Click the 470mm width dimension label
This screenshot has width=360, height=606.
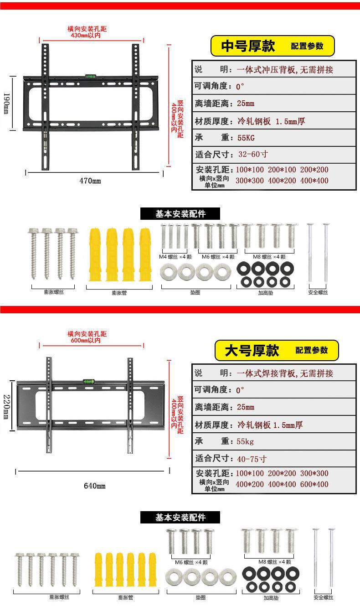(x=90, y=181)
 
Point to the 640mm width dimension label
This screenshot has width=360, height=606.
(x=94, y=486)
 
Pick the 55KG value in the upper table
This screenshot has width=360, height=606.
(x=246, y=138)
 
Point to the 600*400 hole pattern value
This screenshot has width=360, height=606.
(x=314, y=484)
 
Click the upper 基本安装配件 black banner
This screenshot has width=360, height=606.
(x=180, y=214)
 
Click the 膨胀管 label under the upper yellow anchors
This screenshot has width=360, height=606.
(x=119, y=292)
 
